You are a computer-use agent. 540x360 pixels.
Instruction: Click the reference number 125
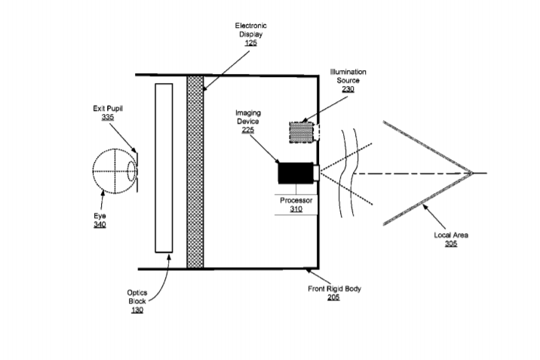point(250,43)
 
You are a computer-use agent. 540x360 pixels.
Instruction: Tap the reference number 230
point(348,89)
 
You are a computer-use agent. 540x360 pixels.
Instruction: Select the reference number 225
point(248,130)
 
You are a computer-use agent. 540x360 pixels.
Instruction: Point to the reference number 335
point(107,117)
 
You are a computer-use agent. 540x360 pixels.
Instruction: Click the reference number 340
point(100,225)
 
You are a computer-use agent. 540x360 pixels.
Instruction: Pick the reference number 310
point(296,209)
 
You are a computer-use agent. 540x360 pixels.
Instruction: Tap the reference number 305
point(451,244)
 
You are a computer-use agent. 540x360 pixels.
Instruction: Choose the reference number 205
point(333,297)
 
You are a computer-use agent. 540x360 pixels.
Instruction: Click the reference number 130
point(137,310)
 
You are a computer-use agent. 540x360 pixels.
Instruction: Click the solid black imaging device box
point(296,173)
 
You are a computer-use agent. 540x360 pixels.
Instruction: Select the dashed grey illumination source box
point(302,132)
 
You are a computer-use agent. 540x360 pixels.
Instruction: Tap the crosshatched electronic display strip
point(195,172)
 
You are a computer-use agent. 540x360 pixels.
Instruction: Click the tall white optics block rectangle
point(164,168)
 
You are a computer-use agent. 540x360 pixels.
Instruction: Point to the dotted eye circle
point(93,171)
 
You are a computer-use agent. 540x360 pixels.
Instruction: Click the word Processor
point(296,200)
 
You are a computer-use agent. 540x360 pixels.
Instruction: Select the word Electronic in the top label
point(250,26)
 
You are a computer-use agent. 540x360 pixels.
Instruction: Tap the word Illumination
point(348,72)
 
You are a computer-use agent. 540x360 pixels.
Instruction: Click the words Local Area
point(451,235)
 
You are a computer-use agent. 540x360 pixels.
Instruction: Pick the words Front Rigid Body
point(334,288)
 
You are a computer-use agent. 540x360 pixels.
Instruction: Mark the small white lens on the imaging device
point(316,173)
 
